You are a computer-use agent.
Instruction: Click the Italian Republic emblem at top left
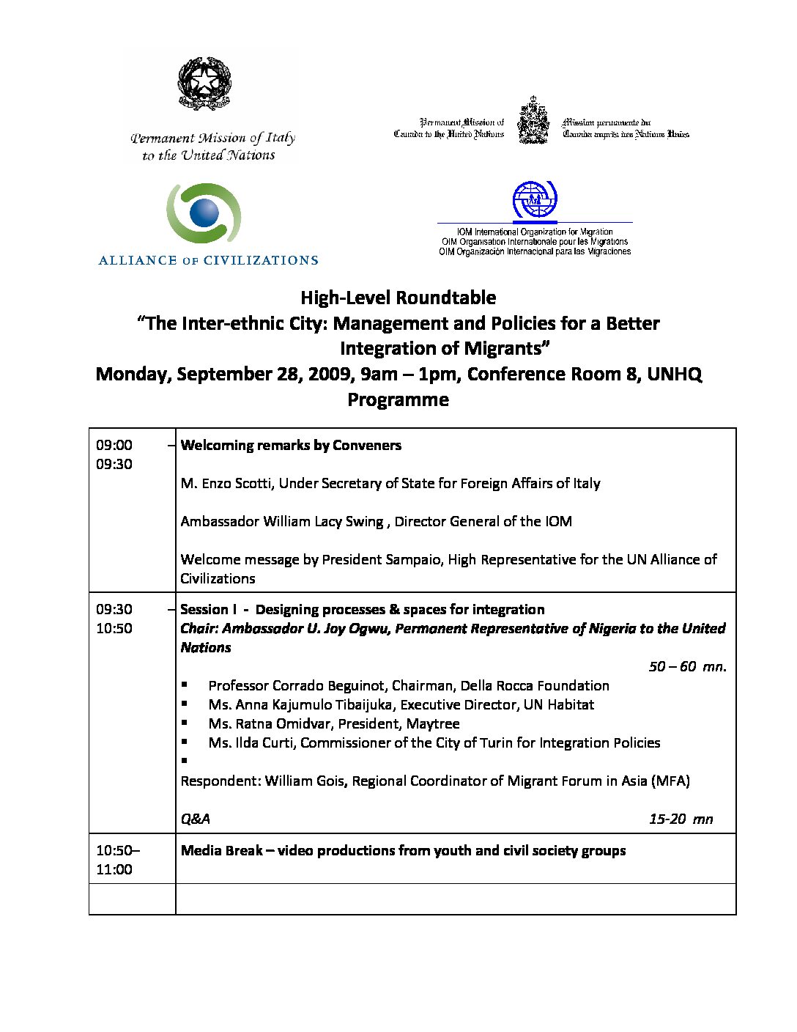click(204, 84)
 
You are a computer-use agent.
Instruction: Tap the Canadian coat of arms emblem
click(533, 122)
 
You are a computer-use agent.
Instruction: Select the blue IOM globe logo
click(535, 199)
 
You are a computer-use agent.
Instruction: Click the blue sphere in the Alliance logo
click(204, 213)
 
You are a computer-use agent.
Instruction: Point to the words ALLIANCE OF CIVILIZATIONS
click(209, 260)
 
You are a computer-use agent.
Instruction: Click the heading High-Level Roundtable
click(398, 298)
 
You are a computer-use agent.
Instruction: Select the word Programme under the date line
click(398, 399)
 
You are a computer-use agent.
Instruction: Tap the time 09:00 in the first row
click(114, 445)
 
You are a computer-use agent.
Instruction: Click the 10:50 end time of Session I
click(114, 628)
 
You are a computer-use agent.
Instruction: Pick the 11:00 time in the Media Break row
click(114, 869)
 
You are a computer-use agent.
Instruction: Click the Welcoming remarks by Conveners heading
click(291, 445)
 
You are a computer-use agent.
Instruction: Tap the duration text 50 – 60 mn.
click(687, 666)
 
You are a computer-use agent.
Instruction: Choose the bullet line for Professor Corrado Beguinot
click(408, 685)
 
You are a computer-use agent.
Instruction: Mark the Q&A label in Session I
click(195, 819)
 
